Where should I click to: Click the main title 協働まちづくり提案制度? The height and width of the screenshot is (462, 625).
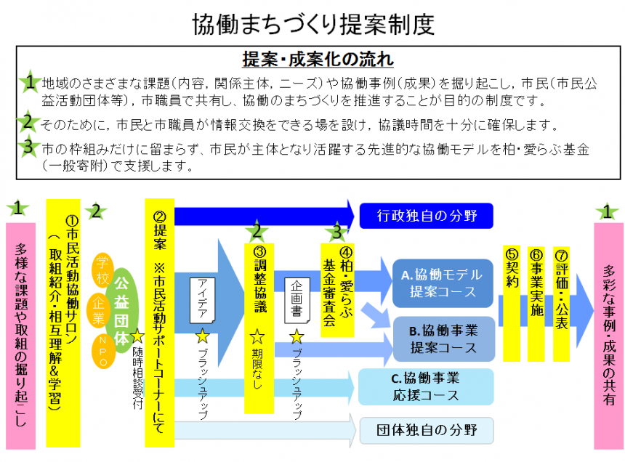coord(313,24)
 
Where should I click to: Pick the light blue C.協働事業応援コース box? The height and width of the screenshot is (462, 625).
coord(425,386)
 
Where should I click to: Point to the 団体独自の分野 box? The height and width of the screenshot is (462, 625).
coord(426,429)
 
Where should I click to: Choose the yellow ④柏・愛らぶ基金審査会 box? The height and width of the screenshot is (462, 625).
coord(336,280)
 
